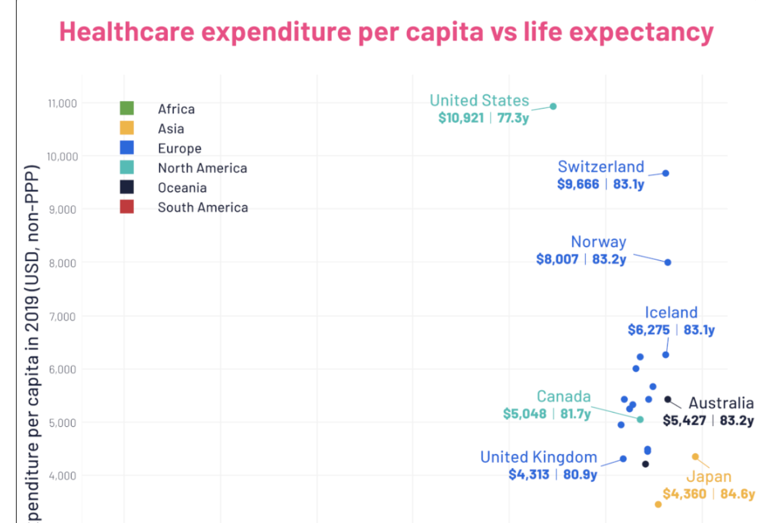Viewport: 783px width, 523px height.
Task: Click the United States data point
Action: click(x=553, y=106)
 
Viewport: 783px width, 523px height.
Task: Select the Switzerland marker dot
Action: click(x=665, y=173)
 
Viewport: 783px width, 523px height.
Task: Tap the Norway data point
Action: click(x=668, y=262)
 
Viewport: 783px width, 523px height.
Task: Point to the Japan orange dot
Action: click(x=696, y=456)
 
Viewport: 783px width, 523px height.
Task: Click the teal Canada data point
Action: click(x=640, y=419)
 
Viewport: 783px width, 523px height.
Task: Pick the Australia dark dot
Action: click(x=668, y=399)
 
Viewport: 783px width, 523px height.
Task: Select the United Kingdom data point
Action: click(x=623, y=459)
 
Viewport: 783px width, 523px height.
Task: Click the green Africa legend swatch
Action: click(x=127, y=108)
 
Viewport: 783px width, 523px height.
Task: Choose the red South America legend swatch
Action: click(x=127, y=207)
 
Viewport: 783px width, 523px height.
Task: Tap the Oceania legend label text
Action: click(x=182, y=188)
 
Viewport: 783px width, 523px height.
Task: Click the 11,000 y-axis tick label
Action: click(x=61, y=103)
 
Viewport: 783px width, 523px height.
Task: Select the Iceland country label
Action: click(x=671, y=312)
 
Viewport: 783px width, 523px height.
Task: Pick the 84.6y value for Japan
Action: click(x=738, y=493)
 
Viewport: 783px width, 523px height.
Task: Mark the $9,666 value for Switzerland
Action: click(x=578, y=184)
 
